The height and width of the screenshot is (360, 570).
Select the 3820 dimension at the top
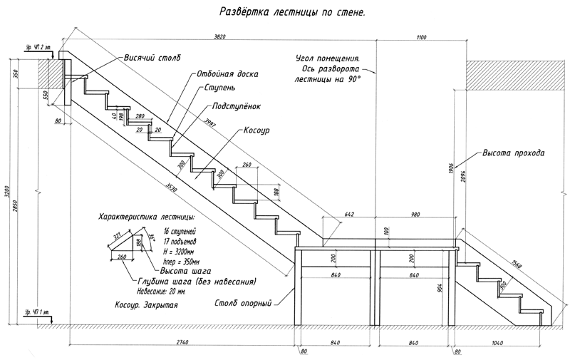click(x=225, y=36)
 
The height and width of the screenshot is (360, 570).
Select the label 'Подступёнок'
click(x=232, y=106)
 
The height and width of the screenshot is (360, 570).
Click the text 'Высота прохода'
click(x=514, y=153)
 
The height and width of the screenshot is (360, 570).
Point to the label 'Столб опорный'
click(x=244, y=304)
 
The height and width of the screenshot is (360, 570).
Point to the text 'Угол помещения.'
click(x=328, y=58)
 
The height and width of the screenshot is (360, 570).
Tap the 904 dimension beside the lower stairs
click(x=442, y=288)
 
